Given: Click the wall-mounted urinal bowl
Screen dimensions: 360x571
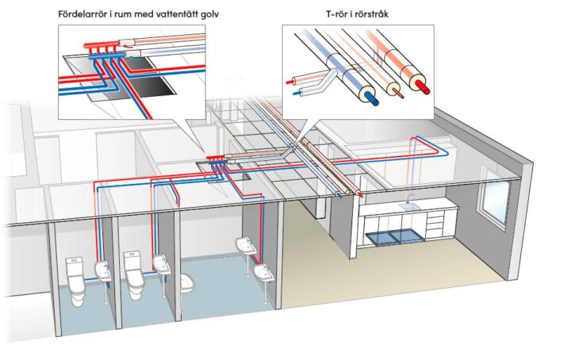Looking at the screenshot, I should pos(189,283).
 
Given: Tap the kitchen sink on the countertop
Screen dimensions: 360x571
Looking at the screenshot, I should pos(411,205).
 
